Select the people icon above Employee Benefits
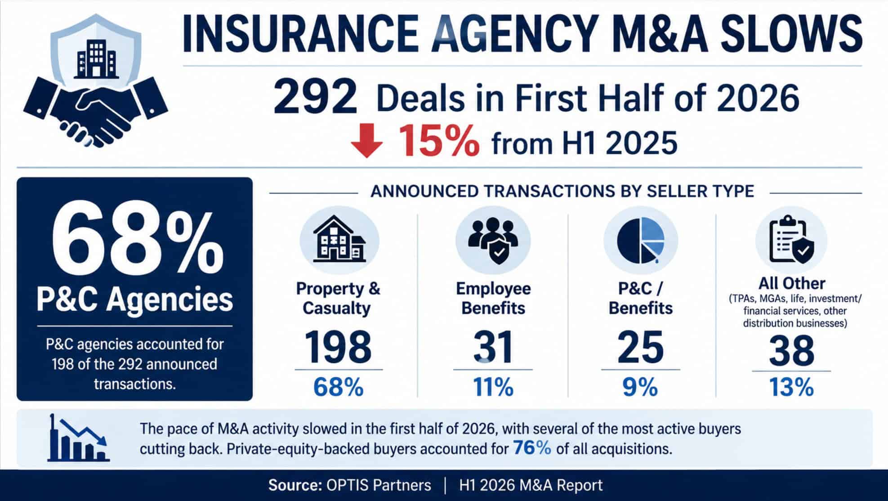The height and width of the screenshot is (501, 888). click(x=493, y=241)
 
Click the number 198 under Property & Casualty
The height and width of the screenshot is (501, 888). click(x=338, y=347)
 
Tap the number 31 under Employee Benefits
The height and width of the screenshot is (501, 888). click(x=493, y=347)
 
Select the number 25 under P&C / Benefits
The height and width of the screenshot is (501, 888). click(x=640, y=347)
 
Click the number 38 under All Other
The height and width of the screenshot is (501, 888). click(x=791, y=350)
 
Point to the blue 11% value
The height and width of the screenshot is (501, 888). click(x=493, y=387)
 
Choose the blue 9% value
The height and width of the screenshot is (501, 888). click(x=640, y=387)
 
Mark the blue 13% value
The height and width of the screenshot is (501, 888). click(x=791, y=387)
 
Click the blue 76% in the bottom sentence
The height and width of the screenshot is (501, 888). click(x=532, y=448)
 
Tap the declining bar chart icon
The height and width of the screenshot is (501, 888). click(x=78, y=438)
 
